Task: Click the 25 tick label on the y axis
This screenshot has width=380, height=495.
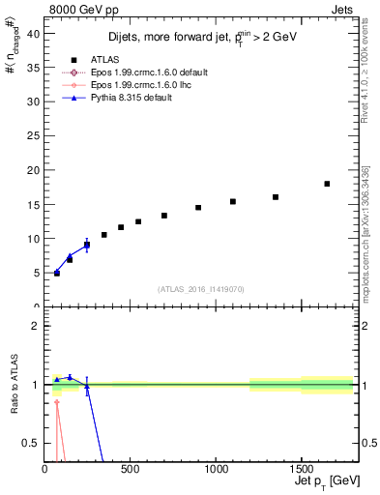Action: [x=33, y=136]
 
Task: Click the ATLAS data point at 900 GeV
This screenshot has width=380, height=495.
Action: [x=198, y=207]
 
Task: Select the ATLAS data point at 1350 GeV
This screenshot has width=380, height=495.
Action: [x=276, y=197]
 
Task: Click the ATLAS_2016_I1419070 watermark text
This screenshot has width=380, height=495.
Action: [x=200, y=289]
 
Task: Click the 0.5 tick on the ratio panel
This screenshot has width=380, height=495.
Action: [x=32, y=443]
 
